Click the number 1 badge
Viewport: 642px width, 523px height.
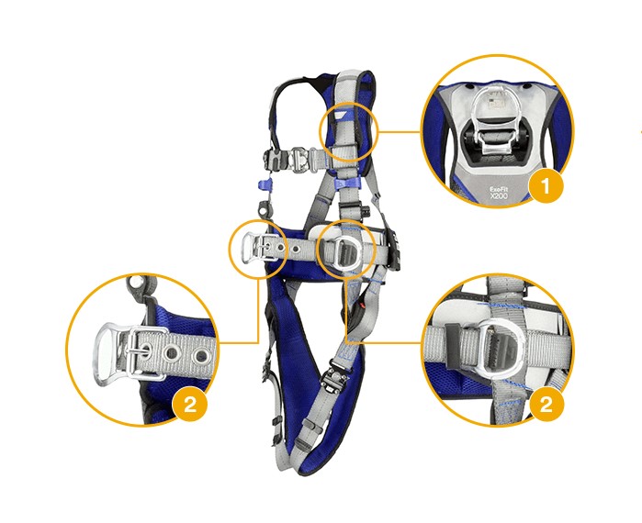546,186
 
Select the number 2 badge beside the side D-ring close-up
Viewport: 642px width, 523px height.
546,405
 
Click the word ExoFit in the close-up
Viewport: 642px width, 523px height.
499,189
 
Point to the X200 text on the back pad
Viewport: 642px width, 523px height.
499,196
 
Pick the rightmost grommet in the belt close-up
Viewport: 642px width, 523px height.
201,355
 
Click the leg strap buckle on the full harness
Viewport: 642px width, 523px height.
333,373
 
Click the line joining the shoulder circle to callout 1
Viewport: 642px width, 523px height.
398,132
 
